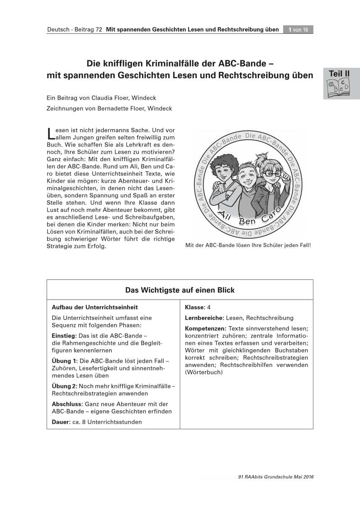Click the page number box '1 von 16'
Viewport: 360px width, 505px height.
pos(298,29)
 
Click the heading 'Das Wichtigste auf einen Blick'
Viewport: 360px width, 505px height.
pos(180,290)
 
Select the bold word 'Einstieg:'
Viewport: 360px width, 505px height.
pos(64,336)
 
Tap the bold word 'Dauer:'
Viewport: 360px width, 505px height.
pos(61,422)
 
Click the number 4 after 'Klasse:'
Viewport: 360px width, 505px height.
pos(209,308)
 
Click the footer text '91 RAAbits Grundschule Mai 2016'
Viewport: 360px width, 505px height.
pos(275,477)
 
